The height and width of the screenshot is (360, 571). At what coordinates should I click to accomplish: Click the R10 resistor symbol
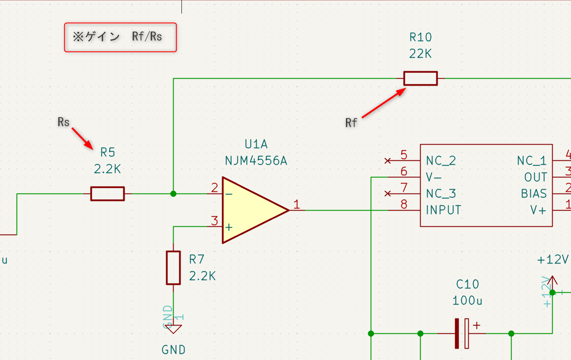point(420,79)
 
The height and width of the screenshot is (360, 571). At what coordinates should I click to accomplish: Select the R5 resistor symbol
point(108,194)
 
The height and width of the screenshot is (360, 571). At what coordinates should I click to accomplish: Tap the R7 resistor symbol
point(174,267)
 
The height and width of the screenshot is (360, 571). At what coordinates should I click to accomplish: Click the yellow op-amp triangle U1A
point(249,210)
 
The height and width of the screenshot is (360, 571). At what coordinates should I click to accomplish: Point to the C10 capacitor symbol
point(462,333)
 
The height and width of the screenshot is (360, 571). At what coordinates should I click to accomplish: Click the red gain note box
point(121,37)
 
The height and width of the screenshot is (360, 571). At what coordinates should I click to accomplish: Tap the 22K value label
point(420,54)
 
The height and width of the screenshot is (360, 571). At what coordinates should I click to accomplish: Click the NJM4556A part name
point(256,161)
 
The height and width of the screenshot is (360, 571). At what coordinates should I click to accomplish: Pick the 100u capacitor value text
point(467,301)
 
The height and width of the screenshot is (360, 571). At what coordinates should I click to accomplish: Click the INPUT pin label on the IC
point(443,210)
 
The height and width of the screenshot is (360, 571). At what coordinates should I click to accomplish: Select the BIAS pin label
point(533,194)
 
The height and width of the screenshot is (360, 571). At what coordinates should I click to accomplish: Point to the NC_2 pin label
point(441,161)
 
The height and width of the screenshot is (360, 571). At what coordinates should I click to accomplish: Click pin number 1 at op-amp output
point(297,204)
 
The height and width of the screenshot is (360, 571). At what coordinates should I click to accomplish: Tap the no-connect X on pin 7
point(387,194)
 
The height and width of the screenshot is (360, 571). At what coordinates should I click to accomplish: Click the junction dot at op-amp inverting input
point(174,194)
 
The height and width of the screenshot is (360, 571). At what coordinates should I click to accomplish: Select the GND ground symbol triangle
point(174,329)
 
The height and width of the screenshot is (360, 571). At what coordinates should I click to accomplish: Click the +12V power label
point(553,260)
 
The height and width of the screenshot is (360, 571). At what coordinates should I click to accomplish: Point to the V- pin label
point(434,177)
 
